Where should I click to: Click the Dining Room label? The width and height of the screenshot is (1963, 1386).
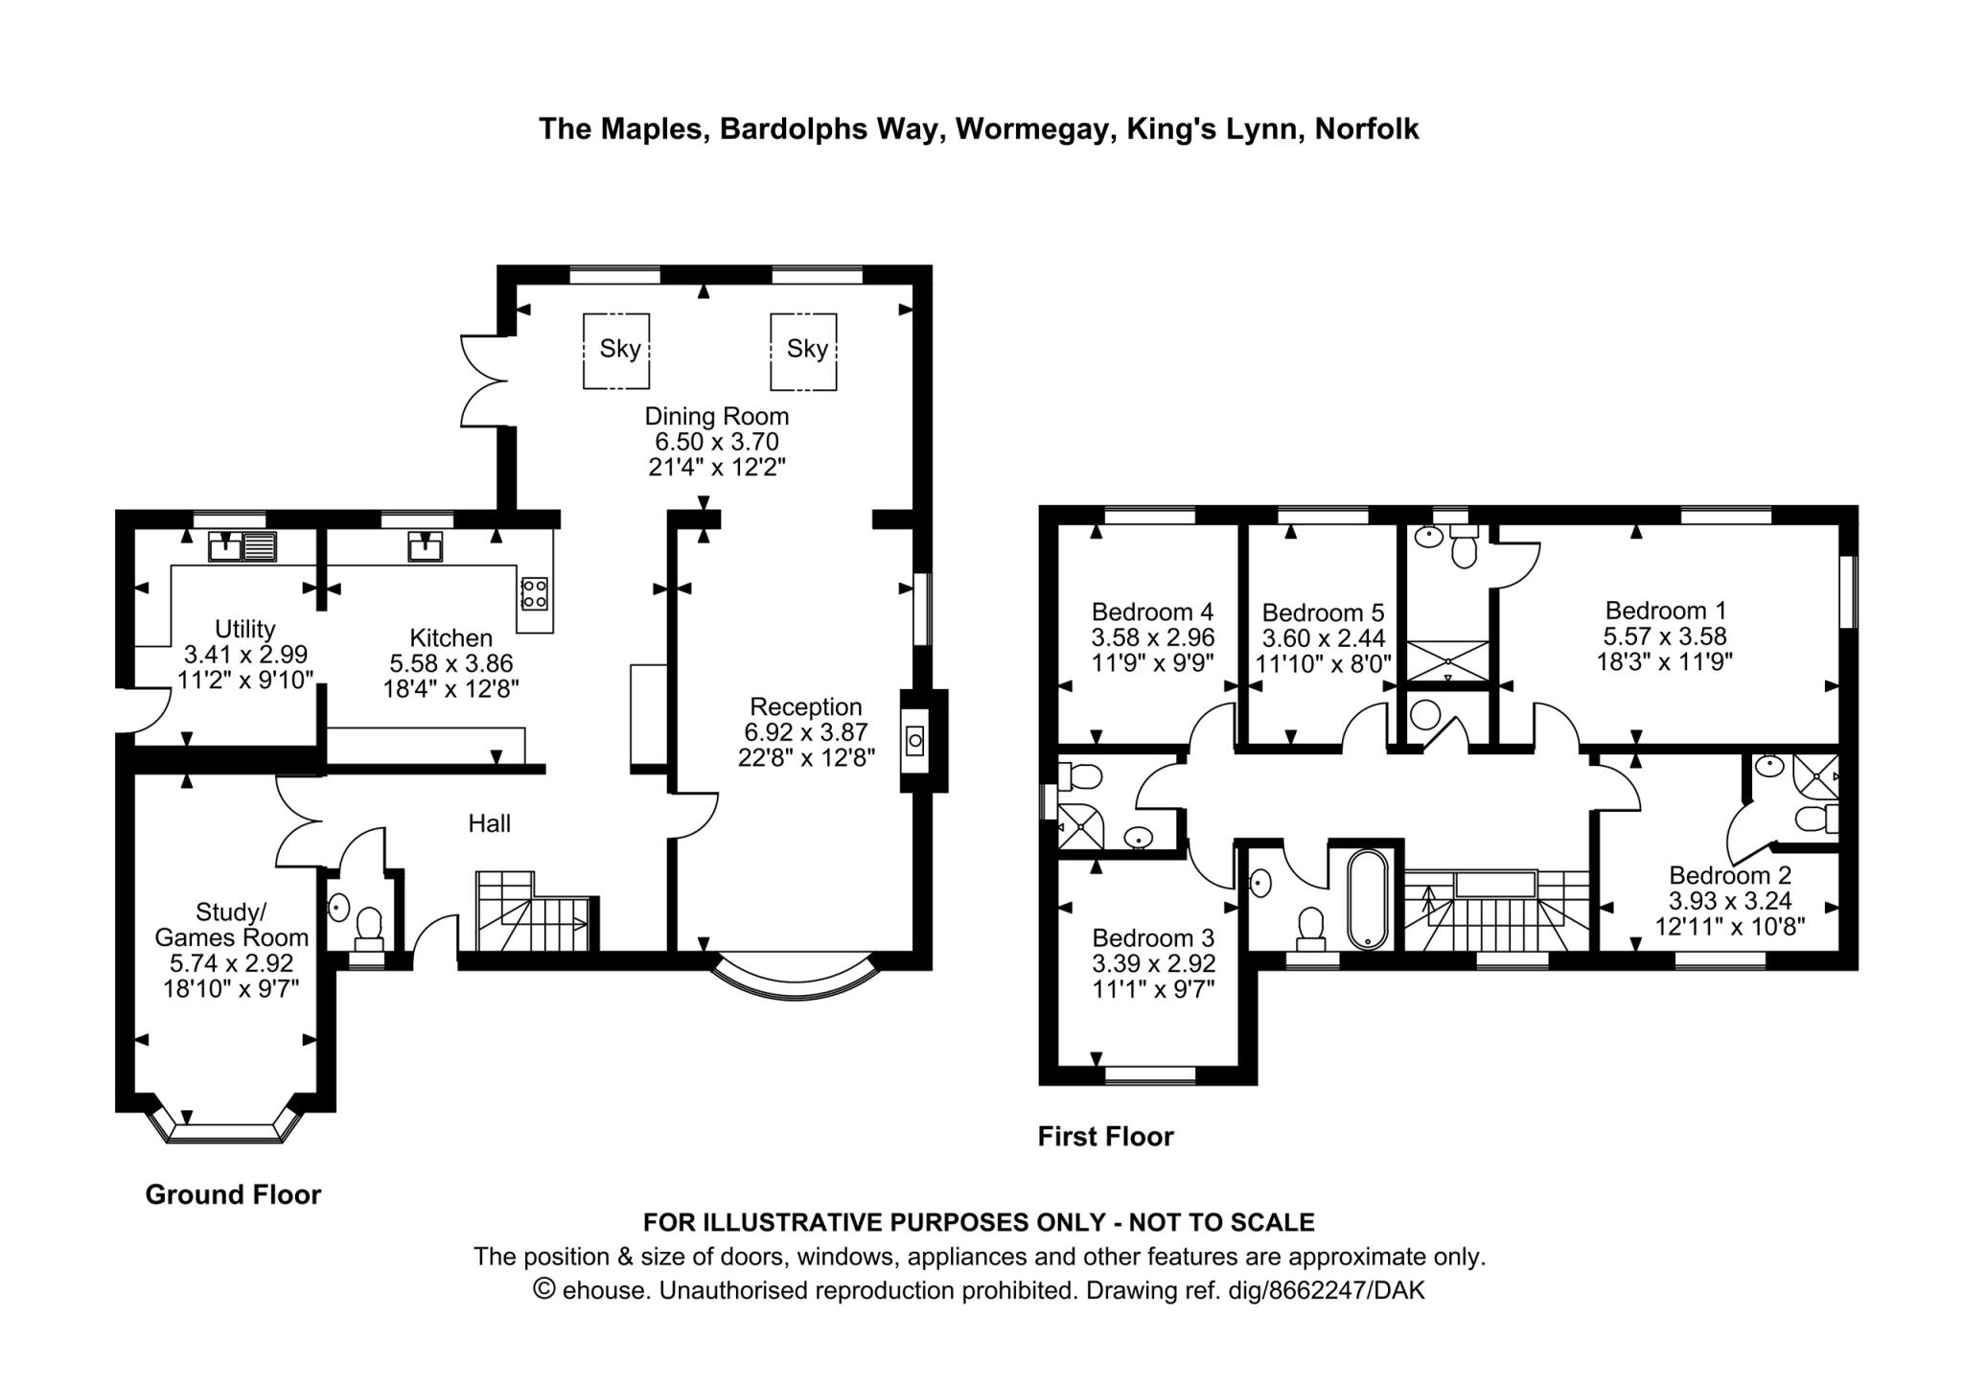tap(716, 416)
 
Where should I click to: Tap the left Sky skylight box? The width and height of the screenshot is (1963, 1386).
tap(616, 350)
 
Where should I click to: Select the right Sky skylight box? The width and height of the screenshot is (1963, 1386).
tap(803, 350)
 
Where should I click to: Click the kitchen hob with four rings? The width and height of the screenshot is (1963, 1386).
tap(534, 591)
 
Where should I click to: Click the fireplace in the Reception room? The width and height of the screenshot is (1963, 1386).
tap(914, 740)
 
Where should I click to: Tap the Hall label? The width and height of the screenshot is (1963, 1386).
tap(489, 822)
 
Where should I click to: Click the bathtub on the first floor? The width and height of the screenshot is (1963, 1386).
tap(1367, 899)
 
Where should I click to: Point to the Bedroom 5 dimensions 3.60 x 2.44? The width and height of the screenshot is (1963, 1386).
tap(1323, 638)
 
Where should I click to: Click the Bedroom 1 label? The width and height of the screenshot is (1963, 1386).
tap(1665, 610)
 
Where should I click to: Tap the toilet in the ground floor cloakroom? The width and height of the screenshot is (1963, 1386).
tap(368, 926)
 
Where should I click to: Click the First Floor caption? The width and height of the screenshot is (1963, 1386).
tap(1105, 1137)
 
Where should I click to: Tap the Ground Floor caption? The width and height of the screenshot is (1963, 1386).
tap(233, 1194)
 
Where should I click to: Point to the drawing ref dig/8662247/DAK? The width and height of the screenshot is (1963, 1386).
tap(1346, 1290)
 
